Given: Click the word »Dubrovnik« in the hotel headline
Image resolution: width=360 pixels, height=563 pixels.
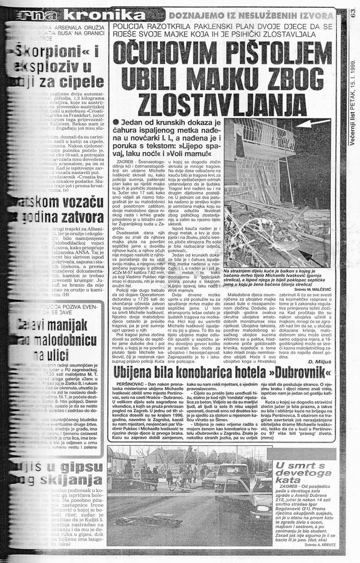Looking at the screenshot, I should [297, 373].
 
